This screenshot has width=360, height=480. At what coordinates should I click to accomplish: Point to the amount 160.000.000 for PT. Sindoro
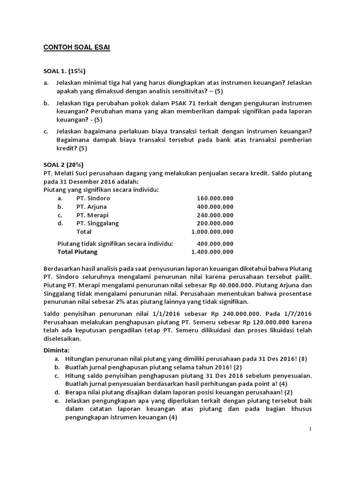pyautogui.click(x=215, y=198)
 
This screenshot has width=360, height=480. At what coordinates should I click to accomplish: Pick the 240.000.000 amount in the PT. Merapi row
pyautogui.click(x=215, y=215)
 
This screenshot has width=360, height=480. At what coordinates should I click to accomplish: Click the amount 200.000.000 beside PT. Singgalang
pyautogui.click(x=215, y=223)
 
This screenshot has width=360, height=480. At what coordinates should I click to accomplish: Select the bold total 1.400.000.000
pyautogui.click(x=212, y=252)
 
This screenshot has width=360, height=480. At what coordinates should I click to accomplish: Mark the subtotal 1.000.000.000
pyautogui.click(x=212, y=232)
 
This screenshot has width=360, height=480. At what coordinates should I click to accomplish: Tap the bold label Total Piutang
pyautogui.click(x=77, y=252)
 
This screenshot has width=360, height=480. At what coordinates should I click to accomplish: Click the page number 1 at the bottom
pyautogui.click(x=310, y=429)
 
